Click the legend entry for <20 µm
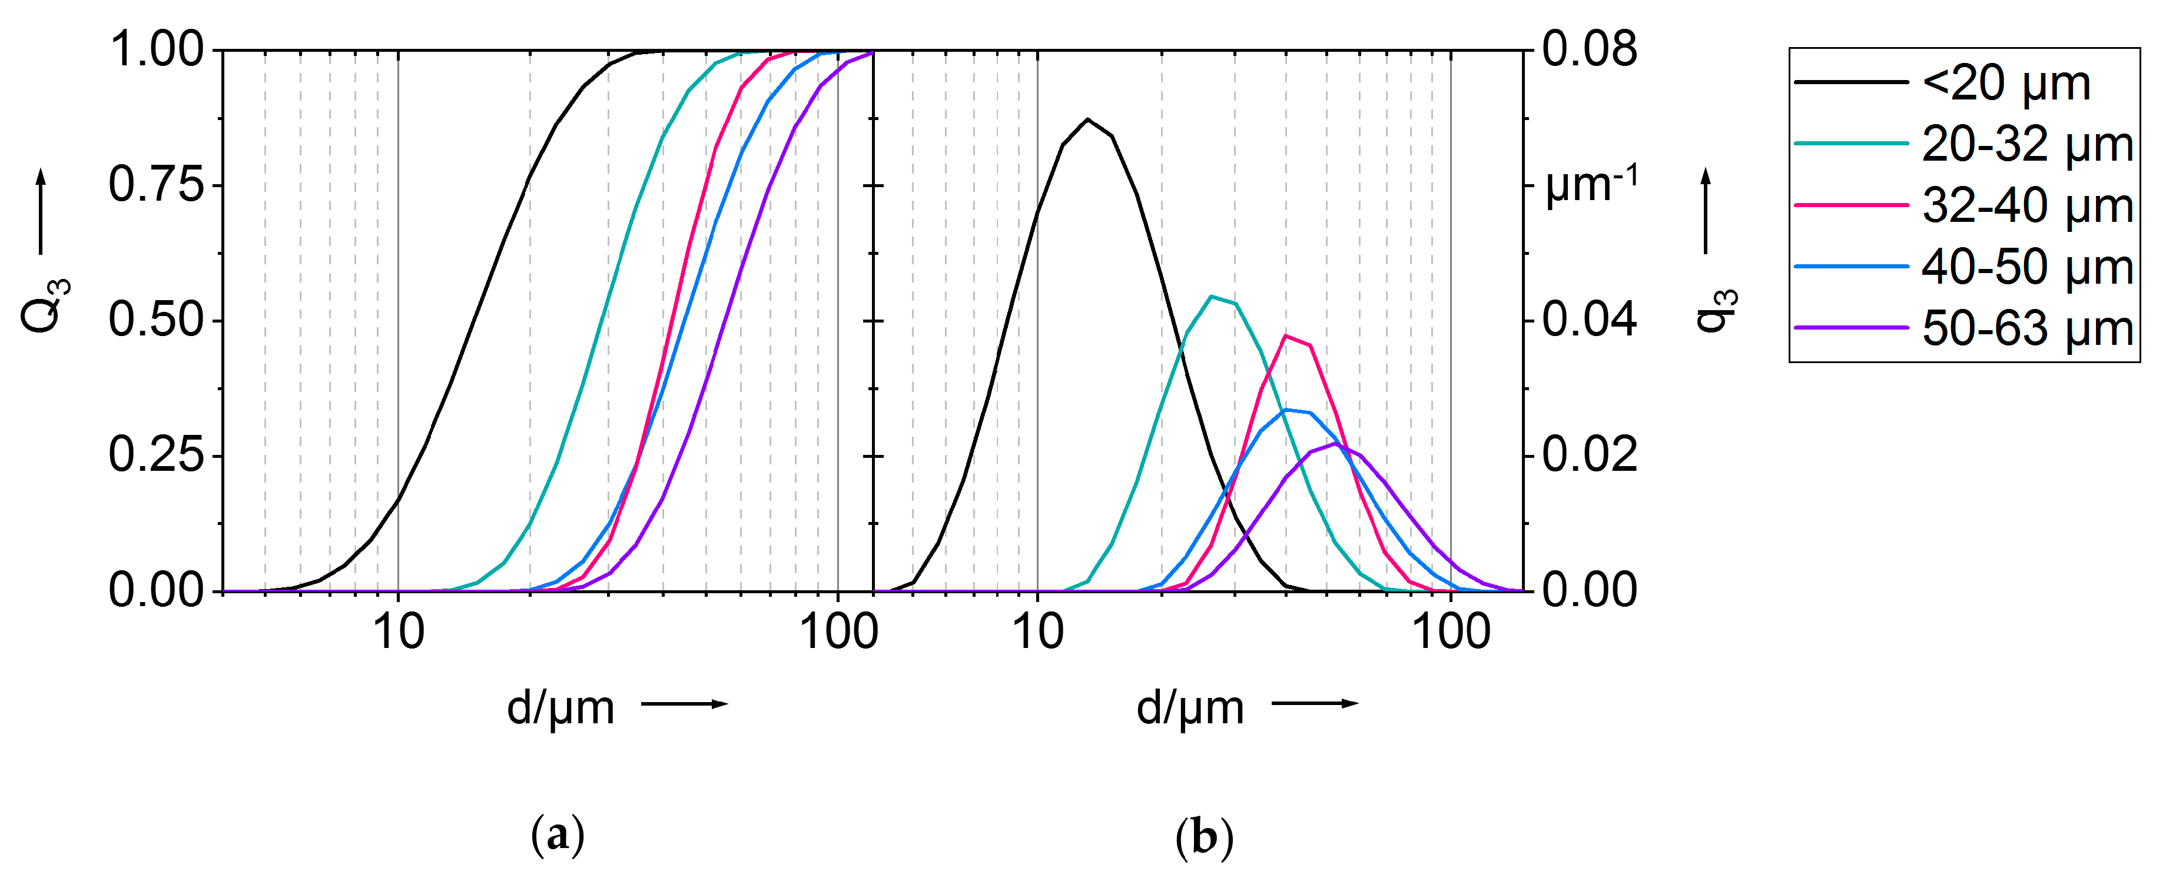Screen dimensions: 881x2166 click(2005, 83)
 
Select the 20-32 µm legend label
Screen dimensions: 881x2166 click(2026, 145)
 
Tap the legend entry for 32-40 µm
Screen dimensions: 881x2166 click(2026, 206)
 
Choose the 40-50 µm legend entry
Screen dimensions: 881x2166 click(2026, 267)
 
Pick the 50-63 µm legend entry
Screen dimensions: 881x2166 click(2026, 329)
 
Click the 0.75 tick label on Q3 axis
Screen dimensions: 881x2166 click(157, 185)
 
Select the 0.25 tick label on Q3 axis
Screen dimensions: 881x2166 click(157, 456)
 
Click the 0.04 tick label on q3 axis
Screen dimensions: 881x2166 click(1589, 320)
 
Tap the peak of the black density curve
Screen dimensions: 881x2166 click(1087, 119)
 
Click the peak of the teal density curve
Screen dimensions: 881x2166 click(1211, 297)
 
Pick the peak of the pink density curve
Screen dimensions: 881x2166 click(1286, 336)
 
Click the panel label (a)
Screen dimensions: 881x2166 click(558, 837)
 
